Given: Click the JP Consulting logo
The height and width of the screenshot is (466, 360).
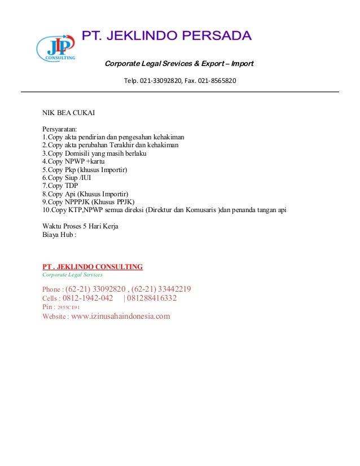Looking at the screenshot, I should point(55,49).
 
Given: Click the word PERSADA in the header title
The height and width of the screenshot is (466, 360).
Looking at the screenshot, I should point(219,36).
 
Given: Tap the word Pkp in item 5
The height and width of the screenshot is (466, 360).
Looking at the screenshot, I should point(70,169).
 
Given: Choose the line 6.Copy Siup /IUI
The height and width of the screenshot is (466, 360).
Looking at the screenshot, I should point(67,177).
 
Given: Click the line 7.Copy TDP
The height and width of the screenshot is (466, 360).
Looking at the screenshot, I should point(60,186).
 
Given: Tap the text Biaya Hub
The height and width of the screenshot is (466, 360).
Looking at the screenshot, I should point(58,235).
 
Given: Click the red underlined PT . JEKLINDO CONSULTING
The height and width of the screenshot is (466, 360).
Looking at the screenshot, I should point(93,266).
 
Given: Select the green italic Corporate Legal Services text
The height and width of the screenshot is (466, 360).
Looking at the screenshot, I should point(72,275).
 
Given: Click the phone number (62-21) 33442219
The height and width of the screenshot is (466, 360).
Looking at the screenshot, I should point(161,289).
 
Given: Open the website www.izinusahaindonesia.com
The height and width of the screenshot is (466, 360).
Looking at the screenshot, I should point(120,316).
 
